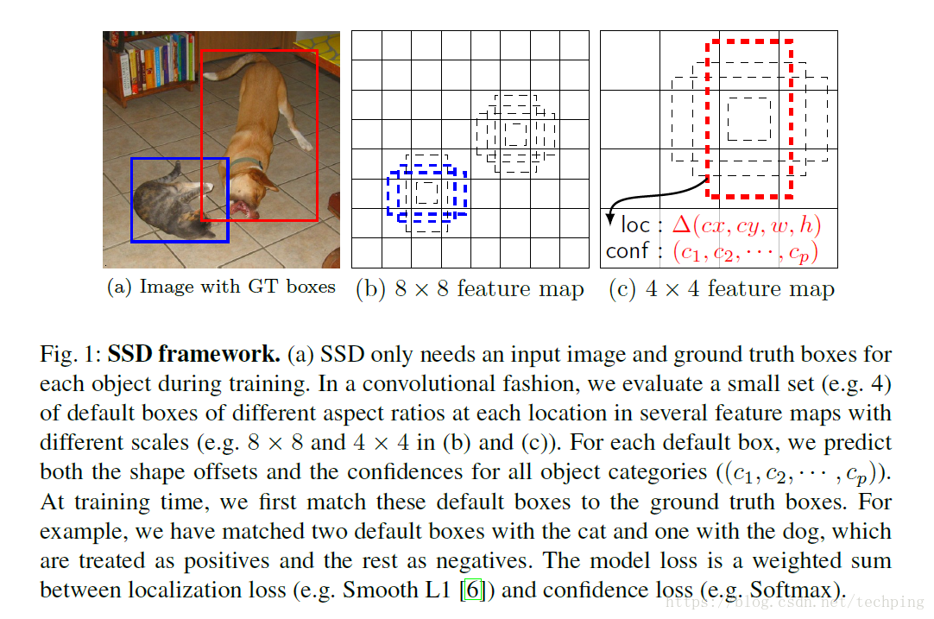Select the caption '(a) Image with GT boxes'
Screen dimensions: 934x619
221,287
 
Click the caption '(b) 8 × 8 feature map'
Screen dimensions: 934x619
470,289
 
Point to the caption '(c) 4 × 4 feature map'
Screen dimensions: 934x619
722,289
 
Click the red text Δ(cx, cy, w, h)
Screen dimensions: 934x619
746,227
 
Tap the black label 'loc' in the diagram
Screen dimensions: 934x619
635,226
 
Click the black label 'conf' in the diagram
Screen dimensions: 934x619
628,252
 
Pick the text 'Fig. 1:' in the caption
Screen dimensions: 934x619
70,355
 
